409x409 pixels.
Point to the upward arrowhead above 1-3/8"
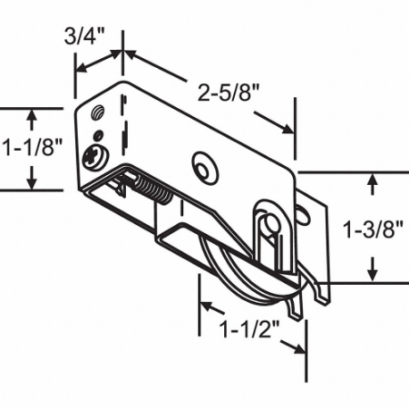372,179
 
